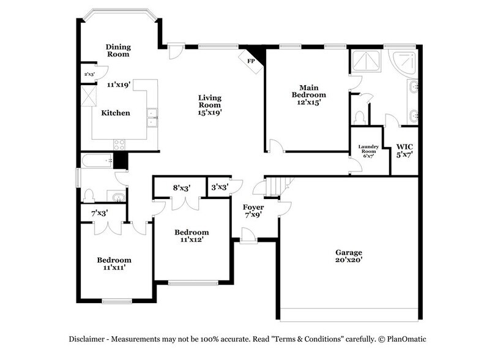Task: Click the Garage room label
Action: [x=348, y=252]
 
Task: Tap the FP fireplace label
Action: [x=250, y=61]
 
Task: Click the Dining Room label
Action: [x=117, y=50]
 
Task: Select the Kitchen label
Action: [x=116, y=113]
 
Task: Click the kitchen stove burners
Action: [x=119, y=144]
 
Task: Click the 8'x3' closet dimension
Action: [x=182, y=189]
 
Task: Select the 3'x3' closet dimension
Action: [x=220, y=187]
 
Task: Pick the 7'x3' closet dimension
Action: [x=99, y=213]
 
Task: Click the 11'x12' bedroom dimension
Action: [x=192, y=241]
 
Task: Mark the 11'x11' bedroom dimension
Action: [x=114, y=268]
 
